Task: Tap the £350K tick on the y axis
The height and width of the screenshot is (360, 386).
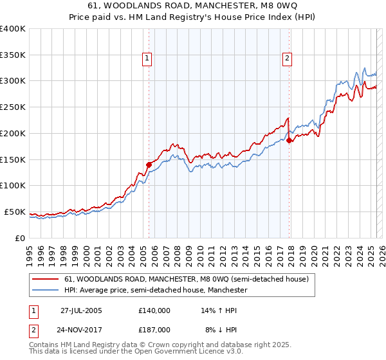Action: click(x=13, y=55)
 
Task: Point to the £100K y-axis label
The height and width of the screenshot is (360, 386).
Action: click(x=13, y=185)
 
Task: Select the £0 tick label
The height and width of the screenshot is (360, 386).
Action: click(x=20, y=238)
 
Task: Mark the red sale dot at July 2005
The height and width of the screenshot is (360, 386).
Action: click(x=149, y=165)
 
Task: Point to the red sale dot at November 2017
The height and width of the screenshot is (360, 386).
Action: click(x=289, y=140)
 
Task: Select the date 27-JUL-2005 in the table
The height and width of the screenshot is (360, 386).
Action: click(x=81, y=310)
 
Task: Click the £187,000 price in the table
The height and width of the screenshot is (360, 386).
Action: click(x=154, y=329)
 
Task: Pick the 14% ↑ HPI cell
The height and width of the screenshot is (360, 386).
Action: click(x=219, y=310)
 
